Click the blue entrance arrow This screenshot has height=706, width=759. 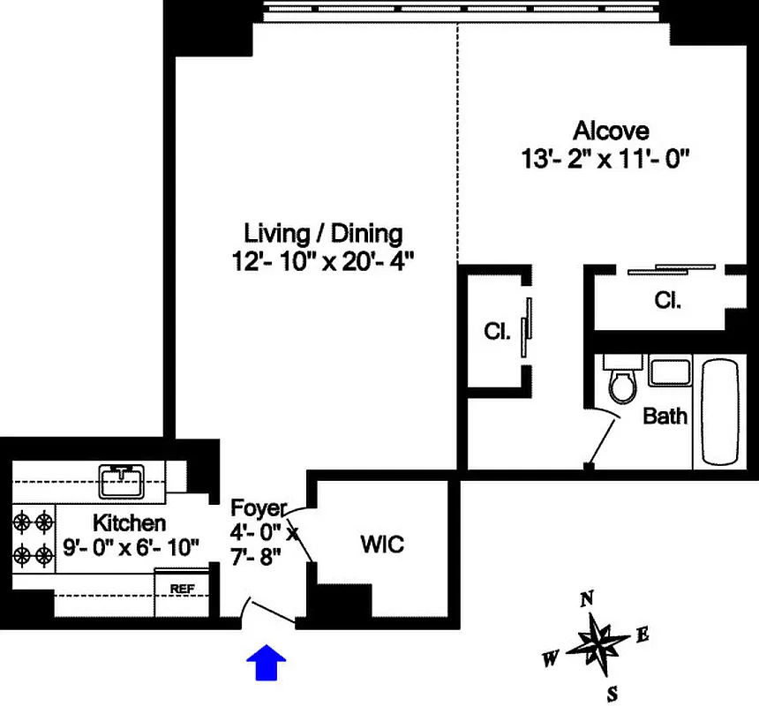266,663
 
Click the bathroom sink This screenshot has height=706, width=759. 669,371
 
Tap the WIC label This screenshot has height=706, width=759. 382,544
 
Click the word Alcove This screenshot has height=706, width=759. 612,131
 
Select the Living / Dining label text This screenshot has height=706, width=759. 323,234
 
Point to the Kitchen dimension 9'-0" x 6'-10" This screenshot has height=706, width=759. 132,548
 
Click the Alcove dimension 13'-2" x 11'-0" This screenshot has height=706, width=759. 605,160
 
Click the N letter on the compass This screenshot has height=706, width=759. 586,600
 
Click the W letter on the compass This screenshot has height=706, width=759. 550,658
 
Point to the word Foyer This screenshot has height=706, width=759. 258,508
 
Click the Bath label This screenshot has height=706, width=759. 665,416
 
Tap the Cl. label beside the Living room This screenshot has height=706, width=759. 497,333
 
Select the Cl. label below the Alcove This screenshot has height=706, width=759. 668,300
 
